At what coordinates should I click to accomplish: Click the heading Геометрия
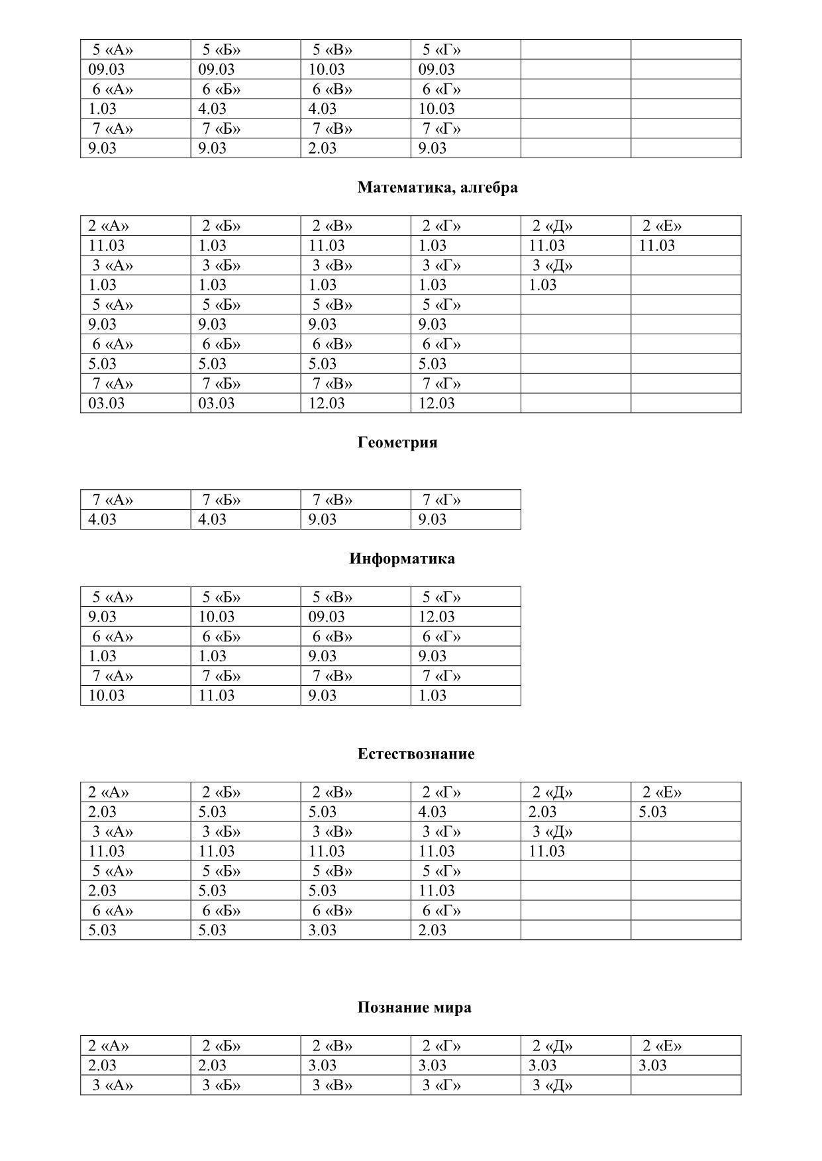[x=397, y=442]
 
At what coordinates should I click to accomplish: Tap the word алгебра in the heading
[x=489, y=187]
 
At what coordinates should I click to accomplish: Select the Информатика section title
[x=401, y=559]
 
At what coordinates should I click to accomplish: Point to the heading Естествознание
[x=415, y=754]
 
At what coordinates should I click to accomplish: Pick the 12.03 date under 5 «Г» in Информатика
[x=436, y=617]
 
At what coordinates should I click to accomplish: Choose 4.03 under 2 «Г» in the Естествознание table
[x=432, y=812]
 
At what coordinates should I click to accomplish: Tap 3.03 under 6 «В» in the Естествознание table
[x=322, y=930]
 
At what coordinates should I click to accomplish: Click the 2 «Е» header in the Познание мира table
[x=661, y=1046]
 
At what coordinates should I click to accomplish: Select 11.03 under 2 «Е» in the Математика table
[x=656, y=246]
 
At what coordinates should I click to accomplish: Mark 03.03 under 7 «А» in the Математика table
[x=106, y=403]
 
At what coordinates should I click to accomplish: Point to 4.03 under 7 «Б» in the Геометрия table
[x=212, y=520]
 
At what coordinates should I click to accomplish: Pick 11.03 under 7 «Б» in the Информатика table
[x=216, y=696]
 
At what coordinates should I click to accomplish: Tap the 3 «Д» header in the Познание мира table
[x=552, y=1086]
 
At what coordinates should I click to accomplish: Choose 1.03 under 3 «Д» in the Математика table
[x=542, y=285]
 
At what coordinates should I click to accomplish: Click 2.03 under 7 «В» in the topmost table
[x=322, y=148]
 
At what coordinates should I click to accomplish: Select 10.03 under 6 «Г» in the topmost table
[x=436, y=109]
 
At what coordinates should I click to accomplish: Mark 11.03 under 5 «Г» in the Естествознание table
[x=436, y=891]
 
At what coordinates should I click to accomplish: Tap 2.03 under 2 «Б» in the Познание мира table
[x=212, y=1066]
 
